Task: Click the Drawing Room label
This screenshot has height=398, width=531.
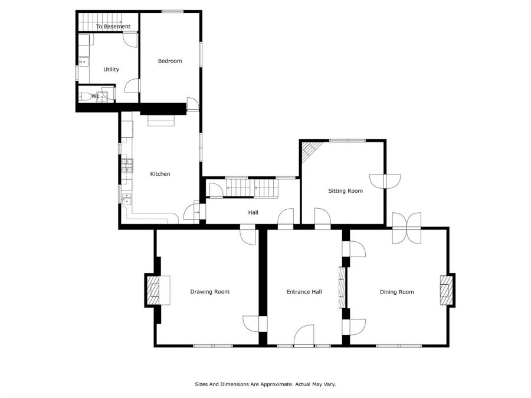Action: [209, 292]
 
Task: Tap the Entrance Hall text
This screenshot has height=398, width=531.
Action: [304, 292]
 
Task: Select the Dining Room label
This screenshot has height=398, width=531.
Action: [396, 292]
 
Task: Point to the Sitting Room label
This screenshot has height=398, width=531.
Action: [345, 191]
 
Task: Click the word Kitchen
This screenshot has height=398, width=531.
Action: [160, 174]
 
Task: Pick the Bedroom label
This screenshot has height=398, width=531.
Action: [170, 61]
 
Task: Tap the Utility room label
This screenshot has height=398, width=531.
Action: [111, 70]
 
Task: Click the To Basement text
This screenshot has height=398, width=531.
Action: [113, 27]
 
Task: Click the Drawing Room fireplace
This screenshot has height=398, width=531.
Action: [158, 290]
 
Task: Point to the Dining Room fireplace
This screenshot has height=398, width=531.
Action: [446, 290]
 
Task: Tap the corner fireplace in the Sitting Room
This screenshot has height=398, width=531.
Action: [308, 150]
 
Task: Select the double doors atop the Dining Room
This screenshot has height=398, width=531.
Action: [407, 228]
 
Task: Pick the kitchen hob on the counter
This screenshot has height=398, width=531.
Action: [127, 166]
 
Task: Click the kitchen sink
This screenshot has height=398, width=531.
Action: [127, 199]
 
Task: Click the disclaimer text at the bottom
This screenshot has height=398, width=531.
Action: [265, 384]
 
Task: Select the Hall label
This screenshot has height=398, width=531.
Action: [253, 212]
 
